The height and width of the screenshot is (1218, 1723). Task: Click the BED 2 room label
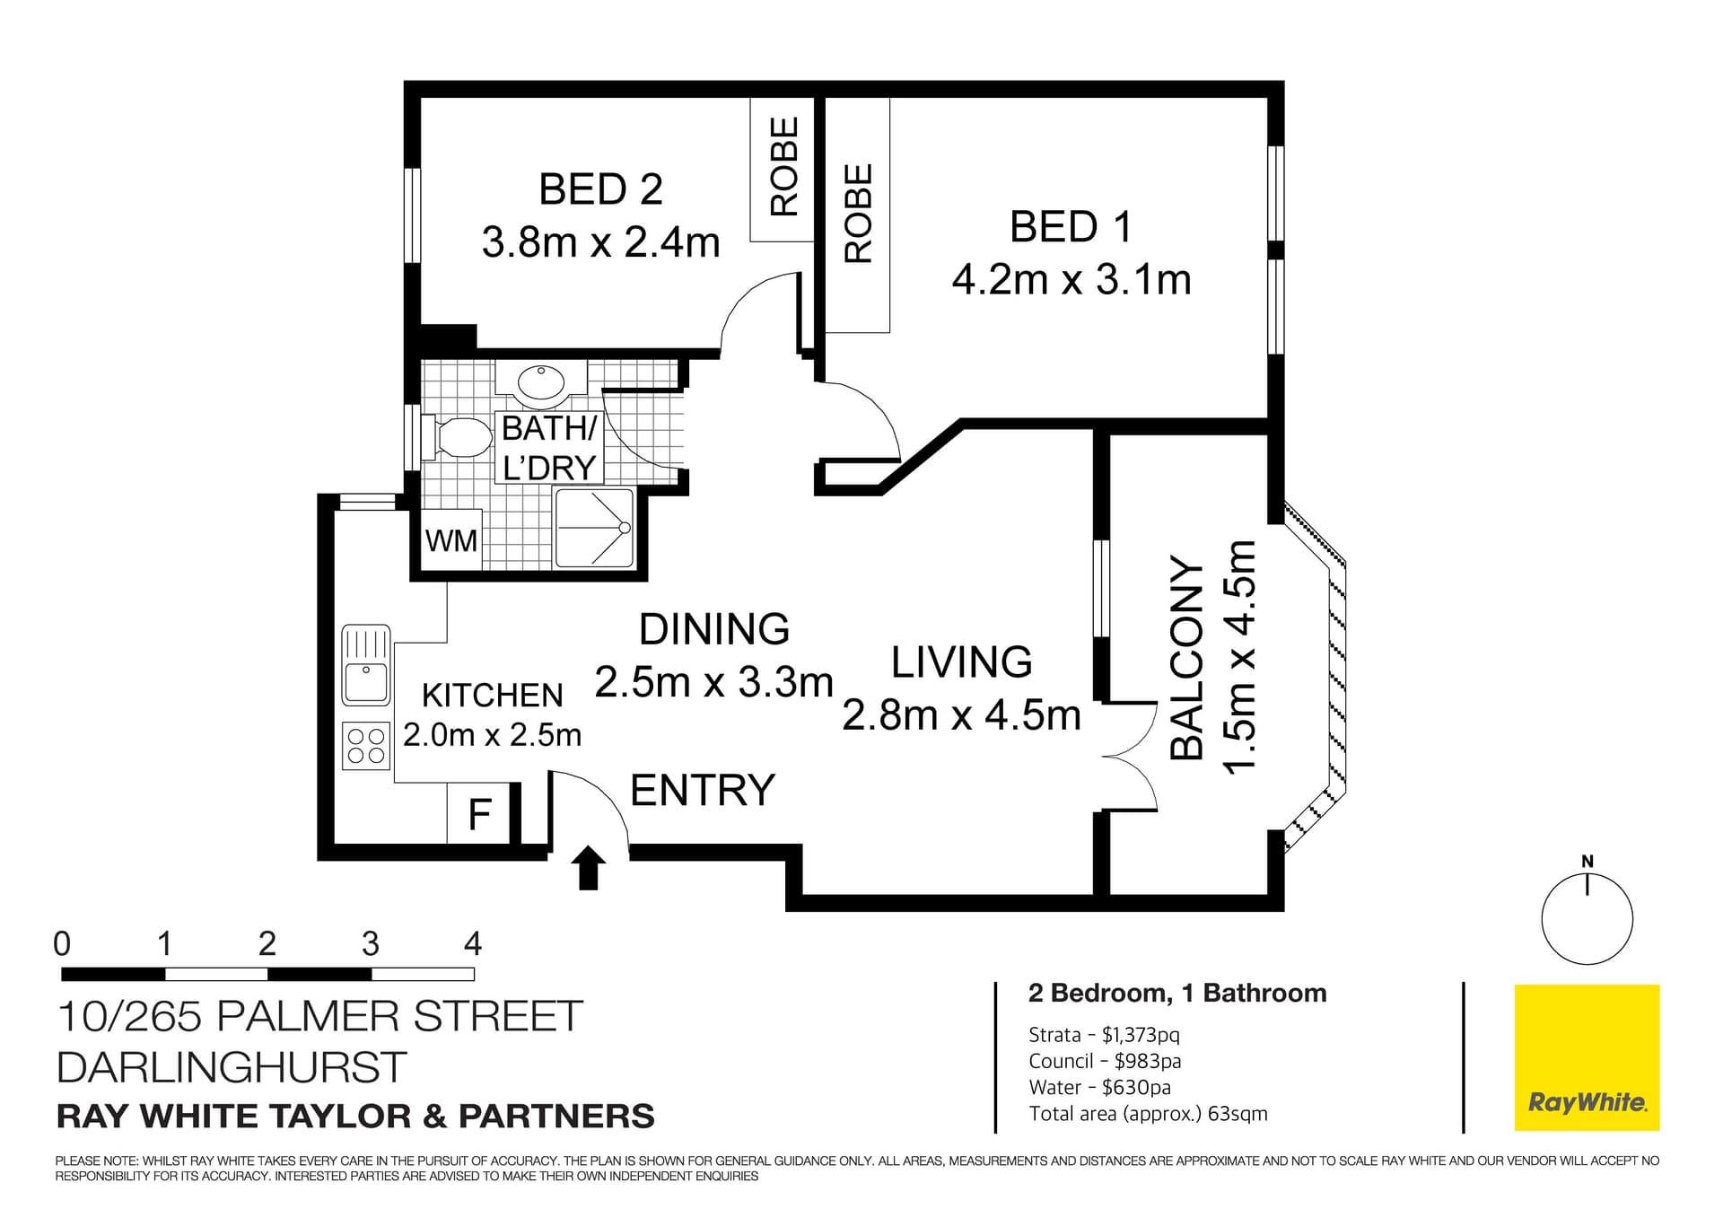click(x=600, y=190)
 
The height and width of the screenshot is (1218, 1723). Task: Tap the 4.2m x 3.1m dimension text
click(x=1071, y=280)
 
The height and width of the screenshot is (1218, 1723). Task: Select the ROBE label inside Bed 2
click(x=784, y=167)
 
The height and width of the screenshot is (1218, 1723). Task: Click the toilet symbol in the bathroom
click(x=459, y=437)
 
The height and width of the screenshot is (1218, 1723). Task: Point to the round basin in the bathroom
click(x=541, y=382)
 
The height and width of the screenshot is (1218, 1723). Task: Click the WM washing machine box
click(x=451, y=540)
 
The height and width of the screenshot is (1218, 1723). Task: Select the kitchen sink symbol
click(x=366, y=665)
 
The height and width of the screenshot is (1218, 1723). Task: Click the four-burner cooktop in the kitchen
click(x=366, y=746)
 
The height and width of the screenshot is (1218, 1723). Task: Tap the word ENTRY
click(x=702, y=791)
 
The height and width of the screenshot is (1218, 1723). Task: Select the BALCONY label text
click(x=1186, y=659)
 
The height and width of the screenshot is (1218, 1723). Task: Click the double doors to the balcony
click(x=1129, y=757)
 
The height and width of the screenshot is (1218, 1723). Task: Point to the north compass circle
click(x=1587, y=919)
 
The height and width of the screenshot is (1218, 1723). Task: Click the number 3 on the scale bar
click(x=370, y=944)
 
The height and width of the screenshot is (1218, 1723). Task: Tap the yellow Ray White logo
click(x=1587, y=1057)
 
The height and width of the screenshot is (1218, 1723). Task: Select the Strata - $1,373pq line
click(x=1104, y=1035)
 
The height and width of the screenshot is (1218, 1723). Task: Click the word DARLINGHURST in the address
click(x=232, y=1067)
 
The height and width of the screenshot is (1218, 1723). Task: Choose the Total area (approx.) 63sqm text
click(x=1148, y=1114)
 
